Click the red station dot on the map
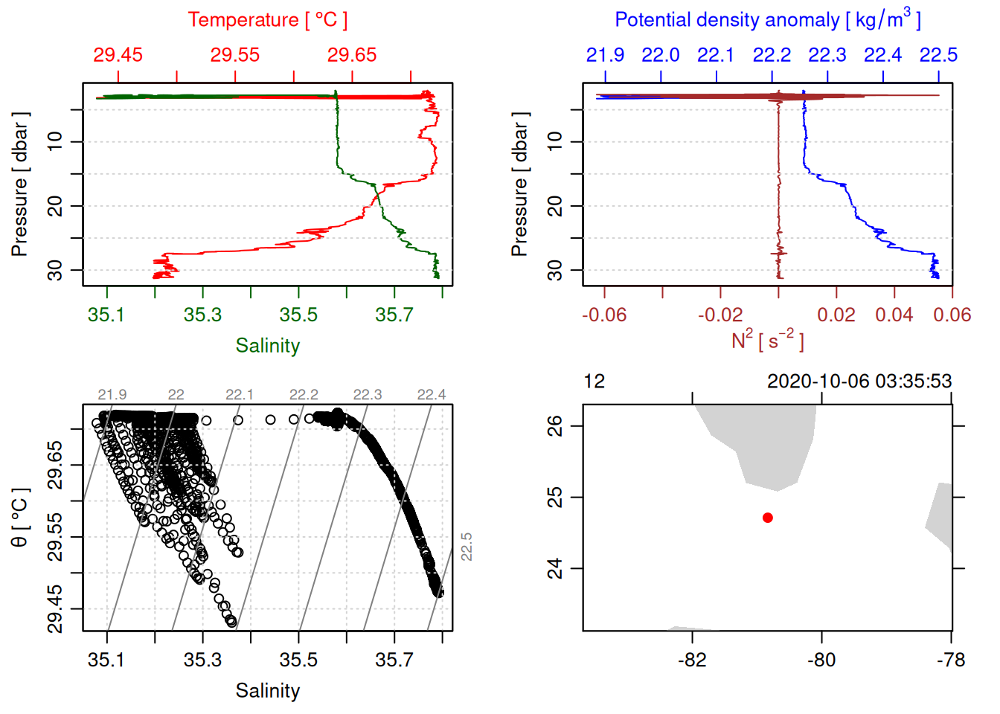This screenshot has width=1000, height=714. (767, 518)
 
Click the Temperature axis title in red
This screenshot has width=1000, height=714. (267, 20)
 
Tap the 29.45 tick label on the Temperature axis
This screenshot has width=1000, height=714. (118, 55)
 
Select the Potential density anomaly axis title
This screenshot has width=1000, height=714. (767, 19)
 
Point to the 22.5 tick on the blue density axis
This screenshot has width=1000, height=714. (938, 55)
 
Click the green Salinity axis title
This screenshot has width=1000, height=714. (267, 346)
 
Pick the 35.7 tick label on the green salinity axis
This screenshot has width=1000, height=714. (394, 315)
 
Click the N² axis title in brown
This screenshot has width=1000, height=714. (767, 341)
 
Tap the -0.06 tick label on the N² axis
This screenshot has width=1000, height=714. (604, 315)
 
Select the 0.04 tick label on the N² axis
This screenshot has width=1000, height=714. (894, 315)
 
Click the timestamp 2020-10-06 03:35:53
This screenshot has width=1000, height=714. (859, 382)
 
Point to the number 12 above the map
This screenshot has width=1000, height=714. (594, 382)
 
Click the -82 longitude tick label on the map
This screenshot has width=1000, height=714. (692, 660)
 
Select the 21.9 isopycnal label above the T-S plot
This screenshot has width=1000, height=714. (112, 395)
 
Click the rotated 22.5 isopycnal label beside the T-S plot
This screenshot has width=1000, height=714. (467, 547)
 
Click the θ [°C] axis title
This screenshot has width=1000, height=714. (19, 518)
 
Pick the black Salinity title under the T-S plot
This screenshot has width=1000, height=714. (267, 691)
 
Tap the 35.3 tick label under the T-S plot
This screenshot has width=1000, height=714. (202, 660)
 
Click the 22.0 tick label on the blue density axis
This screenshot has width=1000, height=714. (661, 55)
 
